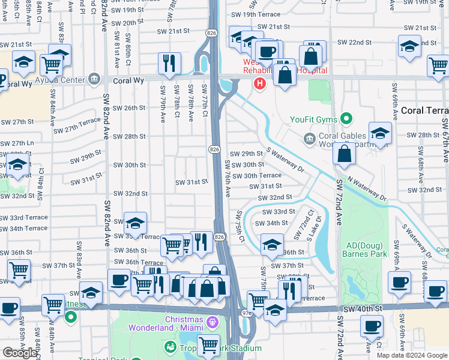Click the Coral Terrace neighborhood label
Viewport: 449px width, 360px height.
coord(424,110)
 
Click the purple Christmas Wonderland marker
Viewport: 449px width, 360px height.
coord(211,323)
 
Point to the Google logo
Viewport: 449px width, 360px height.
coord(20,353)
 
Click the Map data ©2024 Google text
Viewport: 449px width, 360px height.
coord(412,355)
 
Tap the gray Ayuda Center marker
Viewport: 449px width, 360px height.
coord(94,79)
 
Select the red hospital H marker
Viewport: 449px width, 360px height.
coord(260,82)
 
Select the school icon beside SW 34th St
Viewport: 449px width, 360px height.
coord(272,243)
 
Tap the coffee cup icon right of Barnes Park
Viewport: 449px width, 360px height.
coord(399,282)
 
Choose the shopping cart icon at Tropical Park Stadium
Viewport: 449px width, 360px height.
coord(208,344)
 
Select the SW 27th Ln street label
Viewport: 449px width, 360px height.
coord(17,143)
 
